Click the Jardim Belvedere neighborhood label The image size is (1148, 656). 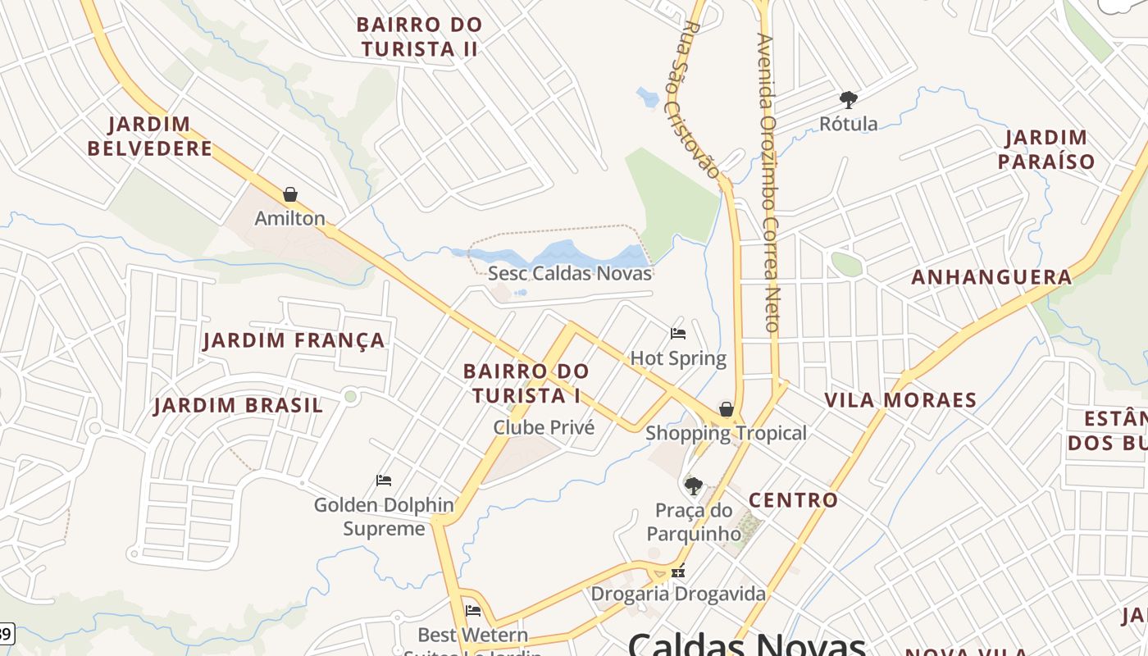150,137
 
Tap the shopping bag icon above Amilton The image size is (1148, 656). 289,194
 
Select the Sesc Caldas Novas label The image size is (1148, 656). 570,273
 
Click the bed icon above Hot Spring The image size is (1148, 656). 678,334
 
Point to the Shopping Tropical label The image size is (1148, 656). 726,433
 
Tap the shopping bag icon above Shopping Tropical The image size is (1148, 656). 726,408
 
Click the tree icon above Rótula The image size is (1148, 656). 849,100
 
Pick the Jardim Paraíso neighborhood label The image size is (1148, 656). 1046,149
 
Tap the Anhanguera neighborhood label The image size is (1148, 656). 991,277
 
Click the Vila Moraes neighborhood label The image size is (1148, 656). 900,401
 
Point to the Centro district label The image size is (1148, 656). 793,500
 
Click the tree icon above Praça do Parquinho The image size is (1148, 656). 694,485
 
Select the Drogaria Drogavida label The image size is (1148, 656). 678,594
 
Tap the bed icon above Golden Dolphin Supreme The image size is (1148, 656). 384,480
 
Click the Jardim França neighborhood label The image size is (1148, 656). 294,340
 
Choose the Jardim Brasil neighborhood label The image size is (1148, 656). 238,406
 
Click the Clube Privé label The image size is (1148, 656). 544,427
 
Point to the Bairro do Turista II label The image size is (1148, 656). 421,37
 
